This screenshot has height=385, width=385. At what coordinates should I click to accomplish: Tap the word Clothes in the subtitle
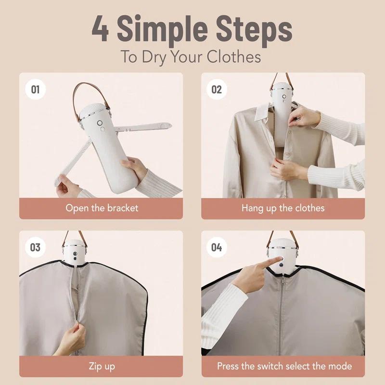pyautogui.click(x=234, y=56)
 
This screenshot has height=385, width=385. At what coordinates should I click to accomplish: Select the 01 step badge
pyautogui.click(x=35, y=90)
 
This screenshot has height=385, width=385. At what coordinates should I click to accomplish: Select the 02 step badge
pyautogui.click(x=217, y=90)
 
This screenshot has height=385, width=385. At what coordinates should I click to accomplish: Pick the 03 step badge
pyautogui.click(x=35, y=247)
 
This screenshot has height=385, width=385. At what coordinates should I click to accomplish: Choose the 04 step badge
pyautogui.click(x=217, y=247)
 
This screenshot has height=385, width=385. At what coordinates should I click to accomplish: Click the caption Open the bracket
pyautogui.click(x=102, y=208)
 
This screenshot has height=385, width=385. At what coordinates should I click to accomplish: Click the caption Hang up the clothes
pyautogui.click(x=283, y=208)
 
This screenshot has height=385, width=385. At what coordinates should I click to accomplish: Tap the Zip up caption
pyautogui.click(x=102, y=366)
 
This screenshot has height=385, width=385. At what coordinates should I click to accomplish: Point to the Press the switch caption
pyautogui.click(x=284, y=366)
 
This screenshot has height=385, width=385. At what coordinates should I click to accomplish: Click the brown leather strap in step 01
pyautogui.click(x=77, y=101)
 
